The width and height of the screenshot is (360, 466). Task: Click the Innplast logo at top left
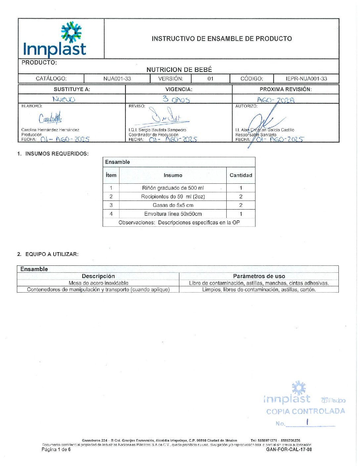(x=55, y=40)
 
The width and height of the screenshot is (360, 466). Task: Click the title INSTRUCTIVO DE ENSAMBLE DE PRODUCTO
(x=222, y=39)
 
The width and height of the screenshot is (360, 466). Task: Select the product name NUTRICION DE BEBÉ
(x=179, y=70)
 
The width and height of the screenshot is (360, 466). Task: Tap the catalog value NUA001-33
(x=117, y=79)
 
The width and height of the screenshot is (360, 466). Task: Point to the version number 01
(x=210, y=79)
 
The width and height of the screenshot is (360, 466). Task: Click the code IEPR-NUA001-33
(x=306, y=79)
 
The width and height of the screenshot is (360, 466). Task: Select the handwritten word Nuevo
(x=64, y=99)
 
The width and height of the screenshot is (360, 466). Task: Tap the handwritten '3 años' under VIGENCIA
(x=176, y=99)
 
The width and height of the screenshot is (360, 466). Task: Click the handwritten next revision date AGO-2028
(x=276, y=100)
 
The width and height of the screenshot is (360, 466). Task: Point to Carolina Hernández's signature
(x=50, y=118)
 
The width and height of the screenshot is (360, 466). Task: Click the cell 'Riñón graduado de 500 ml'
(x=173, y=188)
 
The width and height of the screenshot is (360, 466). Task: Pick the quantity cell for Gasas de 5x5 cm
(x=241, y=205)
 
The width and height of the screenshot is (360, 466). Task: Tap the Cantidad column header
(x=241, y=175)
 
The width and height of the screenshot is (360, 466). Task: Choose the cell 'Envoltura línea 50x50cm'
(x=173, y=214)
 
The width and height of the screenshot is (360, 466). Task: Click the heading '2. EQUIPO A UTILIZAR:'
(x=48, y=254)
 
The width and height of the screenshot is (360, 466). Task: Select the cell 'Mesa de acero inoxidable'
(x=98, y=283)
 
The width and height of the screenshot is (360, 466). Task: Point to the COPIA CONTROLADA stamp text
(x=305, y=411)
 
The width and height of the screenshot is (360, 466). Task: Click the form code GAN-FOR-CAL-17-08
(x=289, y=449)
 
